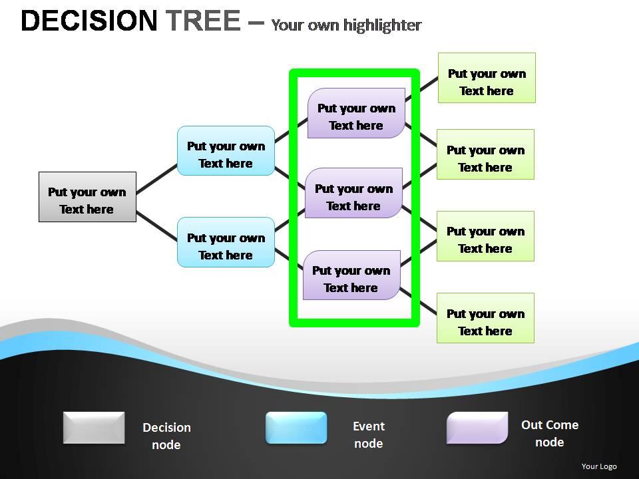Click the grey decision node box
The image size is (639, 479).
(87, 197)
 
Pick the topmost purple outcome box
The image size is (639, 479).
(356, 113)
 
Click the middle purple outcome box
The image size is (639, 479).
(353, 193)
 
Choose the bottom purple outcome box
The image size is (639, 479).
(351, 275)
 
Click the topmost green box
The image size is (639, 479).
(487, 78)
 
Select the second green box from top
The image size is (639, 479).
(485, 154)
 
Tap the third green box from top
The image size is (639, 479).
(485, 236)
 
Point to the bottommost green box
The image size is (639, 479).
(485, 318)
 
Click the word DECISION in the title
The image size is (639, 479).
(89, 21)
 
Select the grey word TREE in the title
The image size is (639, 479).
(203, 21)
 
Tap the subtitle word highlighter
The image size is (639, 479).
(383, 25)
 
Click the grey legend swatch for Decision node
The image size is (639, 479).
(94, 428)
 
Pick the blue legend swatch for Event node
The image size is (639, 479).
(296, 428)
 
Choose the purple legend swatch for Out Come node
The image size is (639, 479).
(477, 428)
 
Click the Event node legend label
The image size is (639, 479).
(368, 434)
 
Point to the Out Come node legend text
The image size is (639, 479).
(549, 433)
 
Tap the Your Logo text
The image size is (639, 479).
(598, 466)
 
